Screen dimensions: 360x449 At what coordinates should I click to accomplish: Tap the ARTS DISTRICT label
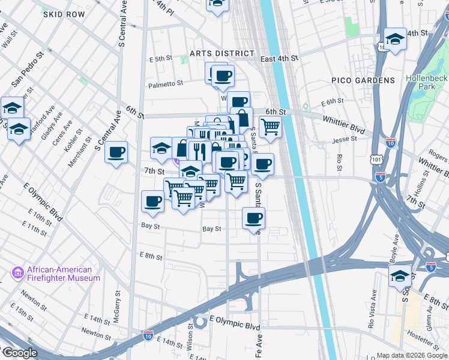pyautogui.click(x=217, y=53)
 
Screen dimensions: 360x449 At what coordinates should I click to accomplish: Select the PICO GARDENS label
pyautogui.click(x=363, y=80)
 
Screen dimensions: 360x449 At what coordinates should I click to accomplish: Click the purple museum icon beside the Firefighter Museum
pyautogui.click(x=17, y=274)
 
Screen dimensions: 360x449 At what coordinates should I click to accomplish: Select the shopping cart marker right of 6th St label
pyautogui.click(x=271, y=127)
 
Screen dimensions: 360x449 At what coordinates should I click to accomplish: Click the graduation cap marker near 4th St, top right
pyautogui.click(x=395, y=39)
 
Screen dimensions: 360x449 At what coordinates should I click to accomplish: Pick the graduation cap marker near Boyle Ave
pyautogui.click(x=400, y=276)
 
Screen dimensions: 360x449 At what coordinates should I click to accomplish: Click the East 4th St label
pyautogui.click(x=279, y=59)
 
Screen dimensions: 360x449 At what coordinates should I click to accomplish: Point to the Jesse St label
pyautogui.click(x=345, y=139)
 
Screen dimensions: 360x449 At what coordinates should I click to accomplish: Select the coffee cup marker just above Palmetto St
pyautogui.click(x=223, y=76)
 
